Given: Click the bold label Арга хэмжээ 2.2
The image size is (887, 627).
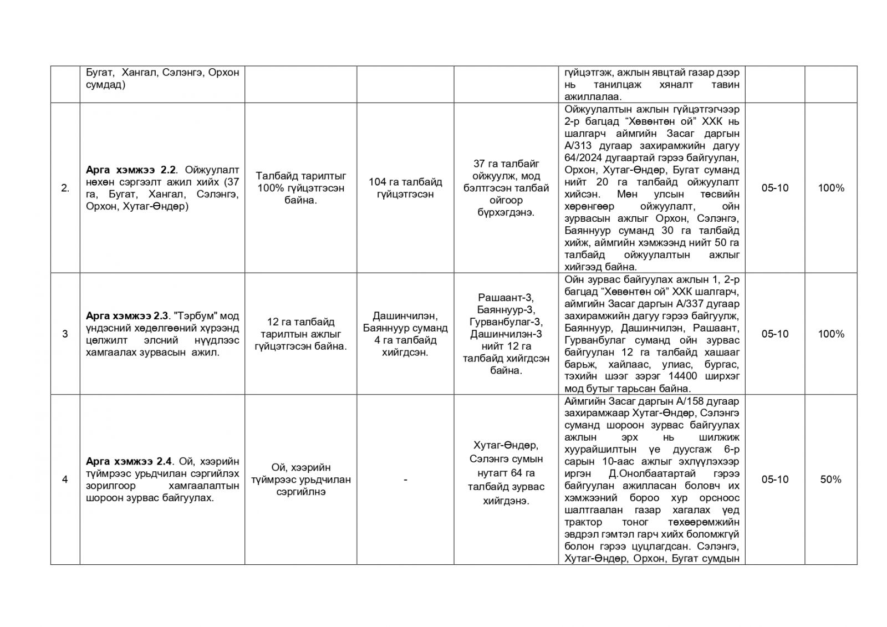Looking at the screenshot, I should click(131, 170).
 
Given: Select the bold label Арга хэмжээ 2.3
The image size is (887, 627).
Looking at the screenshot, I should click(127, 316).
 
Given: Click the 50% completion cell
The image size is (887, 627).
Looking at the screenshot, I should click(830, 480).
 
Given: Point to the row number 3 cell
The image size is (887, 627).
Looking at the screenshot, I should click(65, 334).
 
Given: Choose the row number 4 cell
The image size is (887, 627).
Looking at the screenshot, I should click(65, 480).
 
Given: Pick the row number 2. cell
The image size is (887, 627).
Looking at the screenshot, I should click(65, 188).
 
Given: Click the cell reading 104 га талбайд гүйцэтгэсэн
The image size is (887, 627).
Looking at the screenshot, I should click(405, 188).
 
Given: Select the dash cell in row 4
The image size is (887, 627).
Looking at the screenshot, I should click(405, 480).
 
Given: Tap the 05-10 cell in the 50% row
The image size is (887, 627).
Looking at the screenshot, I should click(774, 480).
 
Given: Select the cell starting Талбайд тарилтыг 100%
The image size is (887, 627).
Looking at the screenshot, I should click(300, 188).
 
